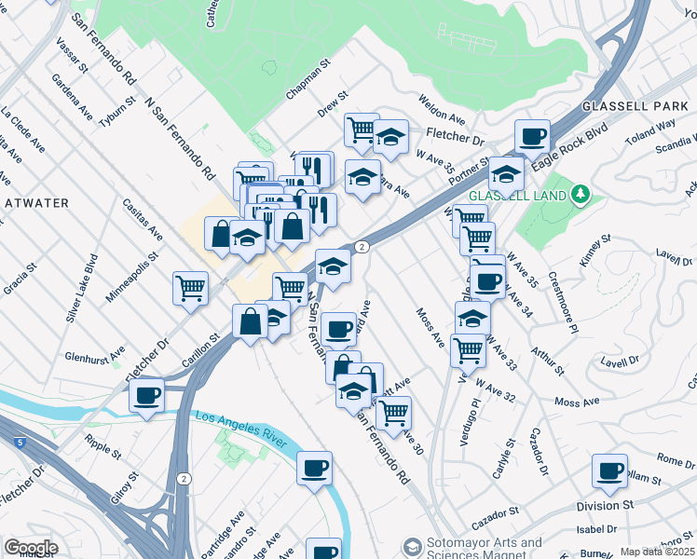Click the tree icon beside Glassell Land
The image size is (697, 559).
coord(581,194)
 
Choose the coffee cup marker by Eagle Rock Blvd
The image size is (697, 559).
coord(532,136)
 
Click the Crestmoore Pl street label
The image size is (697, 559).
coord(563,298)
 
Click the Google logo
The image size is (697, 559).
coord(30,548)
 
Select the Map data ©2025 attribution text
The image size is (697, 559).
coord(656,552)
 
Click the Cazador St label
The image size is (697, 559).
coord(494,514)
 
